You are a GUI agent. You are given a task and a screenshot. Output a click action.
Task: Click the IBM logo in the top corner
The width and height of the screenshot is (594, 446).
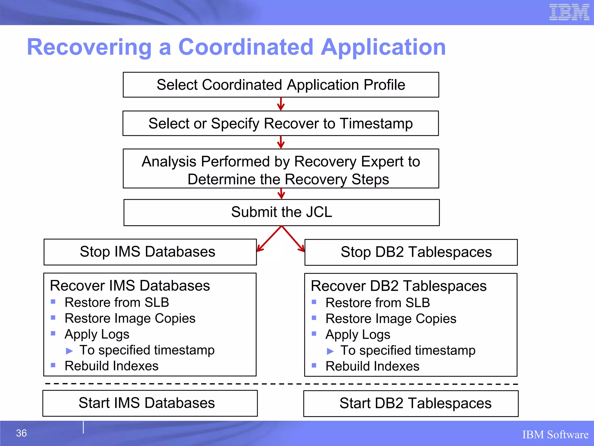pyautogui.click(x=569, y=12)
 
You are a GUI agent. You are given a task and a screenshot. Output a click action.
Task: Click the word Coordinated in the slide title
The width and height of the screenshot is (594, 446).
pyautogui.click(x=246, y=47)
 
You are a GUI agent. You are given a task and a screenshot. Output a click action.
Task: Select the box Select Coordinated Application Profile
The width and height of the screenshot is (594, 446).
pyautogui.click(x=281, y=85)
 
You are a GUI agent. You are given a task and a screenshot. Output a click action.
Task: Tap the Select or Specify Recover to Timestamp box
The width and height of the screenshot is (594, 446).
pyautogui.click(x=280, y=123)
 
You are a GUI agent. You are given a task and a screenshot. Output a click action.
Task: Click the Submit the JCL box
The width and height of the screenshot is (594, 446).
pyautogui.click(x=281, y=212)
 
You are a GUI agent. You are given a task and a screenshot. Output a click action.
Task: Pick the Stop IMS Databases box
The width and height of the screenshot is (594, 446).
pyautogui.click(x=150, y=252)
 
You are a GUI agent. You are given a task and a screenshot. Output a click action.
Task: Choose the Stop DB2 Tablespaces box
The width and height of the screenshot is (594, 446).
pyautogui.click(x=411, y=252)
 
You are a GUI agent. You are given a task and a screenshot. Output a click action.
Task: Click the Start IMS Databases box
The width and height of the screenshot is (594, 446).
pyautogui.click(x=150, y=403)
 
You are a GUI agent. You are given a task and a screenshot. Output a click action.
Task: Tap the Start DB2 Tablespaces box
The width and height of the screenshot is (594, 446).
pyautogui.click(x=411, y=403)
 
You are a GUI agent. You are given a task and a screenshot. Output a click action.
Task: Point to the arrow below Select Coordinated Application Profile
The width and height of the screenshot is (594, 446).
pyautogui.click(x=280, y=104)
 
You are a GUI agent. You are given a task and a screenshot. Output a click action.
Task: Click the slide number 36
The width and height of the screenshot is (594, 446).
pyautogui.click(x=21, y=433)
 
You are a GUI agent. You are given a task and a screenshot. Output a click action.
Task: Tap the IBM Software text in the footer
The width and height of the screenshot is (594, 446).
pyautogui.click(x=555, y=435)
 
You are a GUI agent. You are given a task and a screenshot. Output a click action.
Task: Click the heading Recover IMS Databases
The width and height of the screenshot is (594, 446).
pyautogui.click(x=130, y=285)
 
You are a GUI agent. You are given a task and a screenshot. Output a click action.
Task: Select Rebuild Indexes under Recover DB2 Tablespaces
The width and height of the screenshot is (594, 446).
pyautogui.click(x=372, y=366)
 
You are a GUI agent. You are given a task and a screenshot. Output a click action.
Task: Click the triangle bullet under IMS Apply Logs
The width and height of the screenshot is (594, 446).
pyautogui.click(x=69, y=351)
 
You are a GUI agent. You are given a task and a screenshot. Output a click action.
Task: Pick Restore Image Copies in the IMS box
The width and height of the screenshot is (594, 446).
pyautogui.click(x=130, y=318)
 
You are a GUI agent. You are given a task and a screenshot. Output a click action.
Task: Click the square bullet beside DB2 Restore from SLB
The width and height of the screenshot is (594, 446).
pyautogui.click(x=314, y=302)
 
